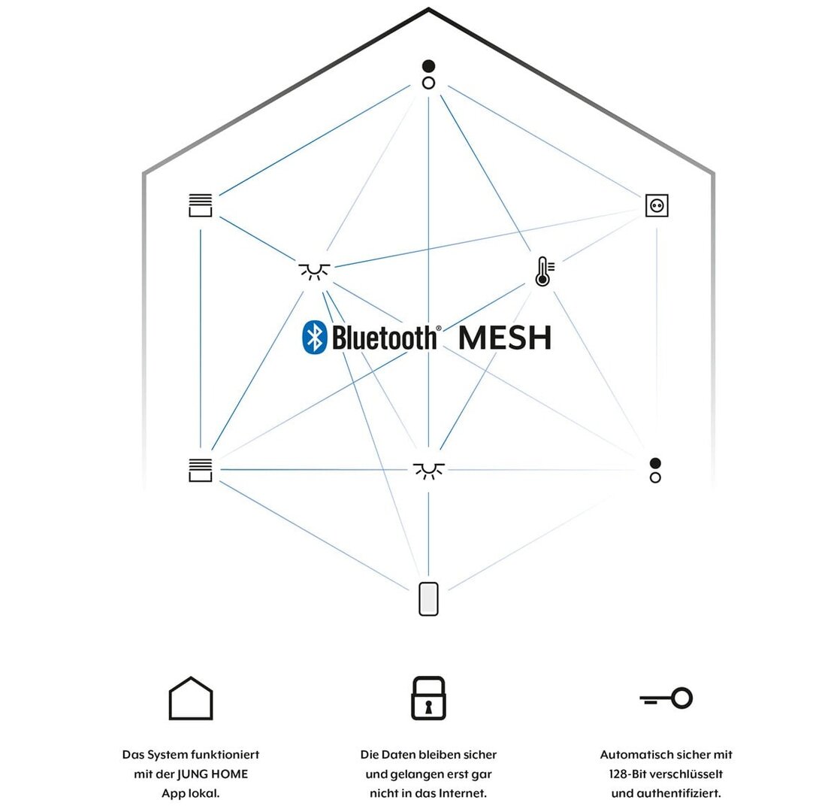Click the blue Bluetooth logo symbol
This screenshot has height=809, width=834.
click(x=314, y=337)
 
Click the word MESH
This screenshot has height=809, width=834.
click(x=505, y=338)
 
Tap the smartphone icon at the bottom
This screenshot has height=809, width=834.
click(x=429, y=598)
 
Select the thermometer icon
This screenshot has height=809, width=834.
click(x=544, y=271)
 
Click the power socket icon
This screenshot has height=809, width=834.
click(x=657, y=205)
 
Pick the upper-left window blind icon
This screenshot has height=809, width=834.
click(x=201, y=205)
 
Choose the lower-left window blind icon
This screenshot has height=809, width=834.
click(x=201, y=470)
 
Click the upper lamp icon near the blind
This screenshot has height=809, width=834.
click(x=314, y=271)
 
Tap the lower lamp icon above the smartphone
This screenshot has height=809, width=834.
click(x=429, y=471)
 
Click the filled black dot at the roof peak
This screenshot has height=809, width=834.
click(x=429, y=66)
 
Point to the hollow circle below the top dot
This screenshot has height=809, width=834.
click(x=429, y=83)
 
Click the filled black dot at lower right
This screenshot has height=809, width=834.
click(x=655, y=463)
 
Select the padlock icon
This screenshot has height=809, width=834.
click(x=429, y=698)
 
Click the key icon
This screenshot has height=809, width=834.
click(x=666, y=698)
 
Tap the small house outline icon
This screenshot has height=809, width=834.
click(x=191, y=698)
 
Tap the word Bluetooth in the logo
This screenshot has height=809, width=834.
click(x=384, y=338)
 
